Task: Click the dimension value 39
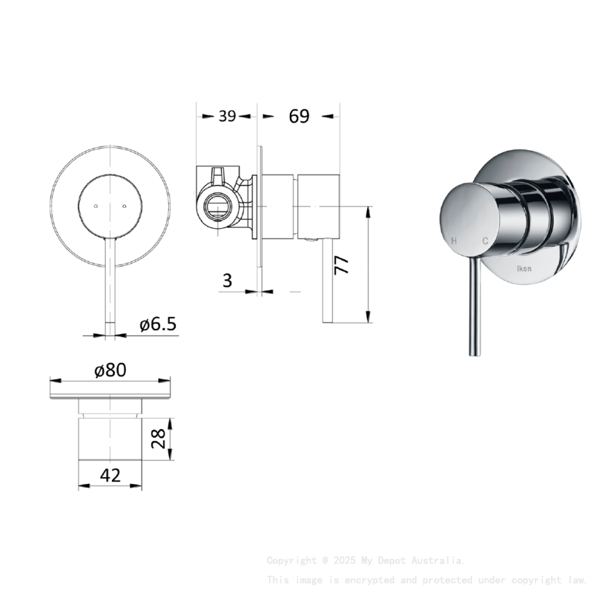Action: coord(227,116)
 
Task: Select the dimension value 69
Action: coord(299,116)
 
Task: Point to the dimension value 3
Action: coord(227,280)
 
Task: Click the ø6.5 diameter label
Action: coord(158,324)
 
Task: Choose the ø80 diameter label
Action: coord(111,370)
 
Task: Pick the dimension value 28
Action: coord(159,438)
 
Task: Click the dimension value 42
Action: coord(111,475)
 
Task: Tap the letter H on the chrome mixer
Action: coord(454,241)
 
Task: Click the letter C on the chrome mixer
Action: coord(485,241)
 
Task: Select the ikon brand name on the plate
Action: coord(523,268)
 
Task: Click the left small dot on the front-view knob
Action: coord(95,206)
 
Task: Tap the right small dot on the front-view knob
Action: coord(124,206)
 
